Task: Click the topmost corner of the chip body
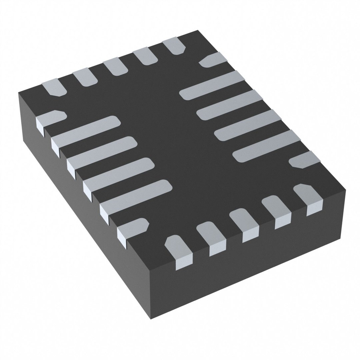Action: click(198, 31)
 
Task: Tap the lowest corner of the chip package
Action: click(151, 318)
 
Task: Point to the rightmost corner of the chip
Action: click(345, 191)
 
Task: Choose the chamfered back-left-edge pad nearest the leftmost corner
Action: click(53, 87)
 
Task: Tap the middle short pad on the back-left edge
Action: click(115, 67)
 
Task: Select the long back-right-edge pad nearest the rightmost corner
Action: click(267, 145)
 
